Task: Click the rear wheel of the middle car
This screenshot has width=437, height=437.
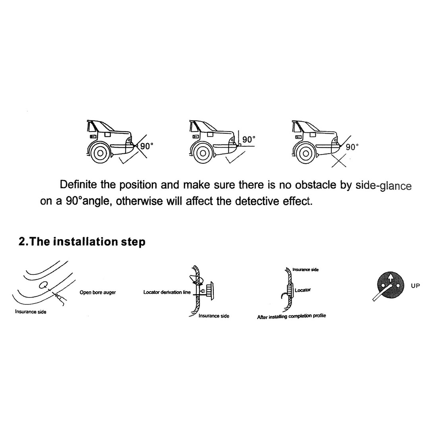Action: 203,153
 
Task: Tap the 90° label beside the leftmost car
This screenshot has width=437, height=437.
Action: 147,146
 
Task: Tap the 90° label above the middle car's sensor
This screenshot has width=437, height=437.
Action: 249,139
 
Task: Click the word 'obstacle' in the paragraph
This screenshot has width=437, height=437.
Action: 315,185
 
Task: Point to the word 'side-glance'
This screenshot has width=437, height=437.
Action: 383,186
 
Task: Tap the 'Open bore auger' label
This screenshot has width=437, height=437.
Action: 98,292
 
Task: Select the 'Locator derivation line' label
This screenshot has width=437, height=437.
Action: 167,292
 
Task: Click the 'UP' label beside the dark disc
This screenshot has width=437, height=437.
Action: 415,286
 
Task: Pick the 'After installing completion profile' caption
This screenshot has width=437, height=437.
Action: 292,316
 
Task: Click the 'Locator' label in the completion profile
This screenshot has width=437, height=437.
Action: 303,290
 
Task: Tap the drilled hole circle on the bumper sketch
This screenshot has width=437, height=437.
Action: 44,285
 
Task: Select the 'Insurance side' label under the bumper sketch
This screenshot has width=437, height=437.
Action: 31,311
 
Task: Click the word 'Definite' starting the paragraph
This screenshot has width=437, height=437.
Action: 78,185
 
